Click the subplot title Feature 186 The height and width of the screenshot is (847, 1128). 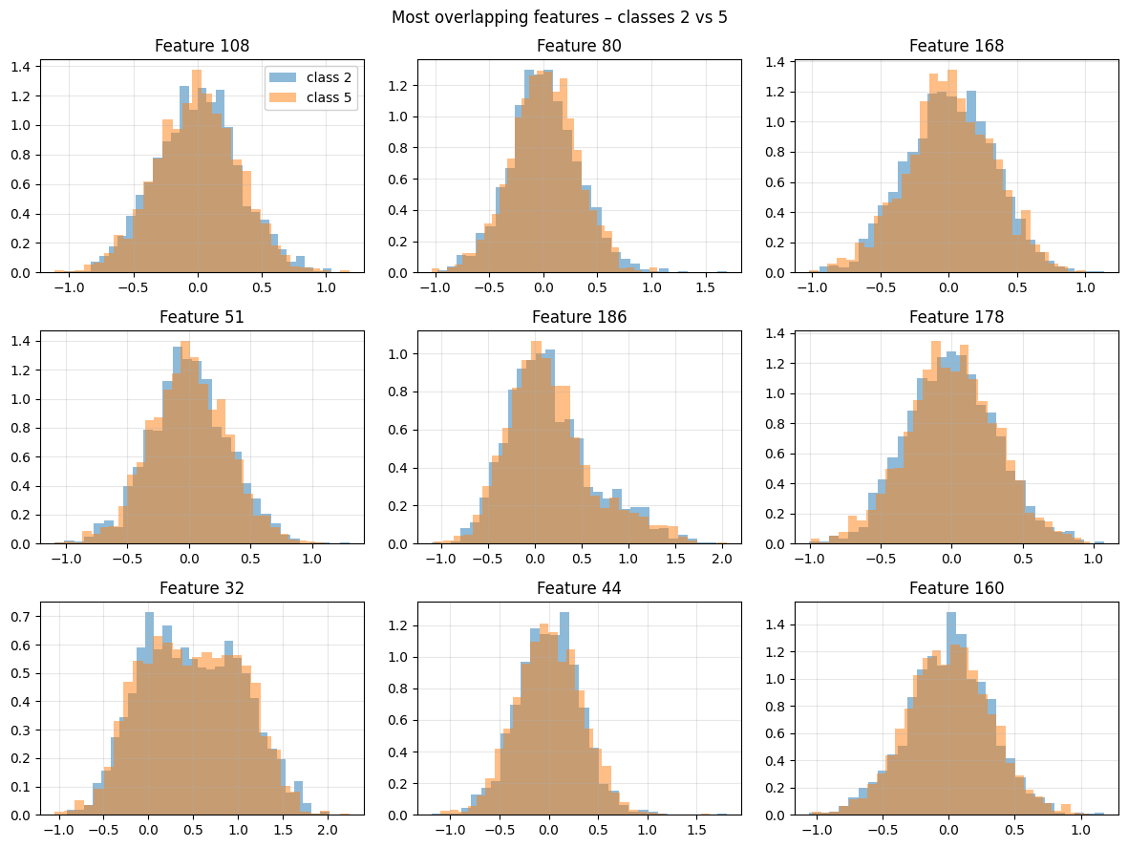click(579, 317)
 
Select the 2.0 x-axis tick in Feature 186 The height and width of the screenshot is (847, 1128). click(721, 558)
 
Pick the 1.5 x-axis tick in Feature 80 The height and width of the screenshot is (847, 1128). click(707, 286)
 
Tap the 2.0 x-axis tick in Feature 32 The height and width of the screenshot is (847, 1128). click(327, 829)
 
